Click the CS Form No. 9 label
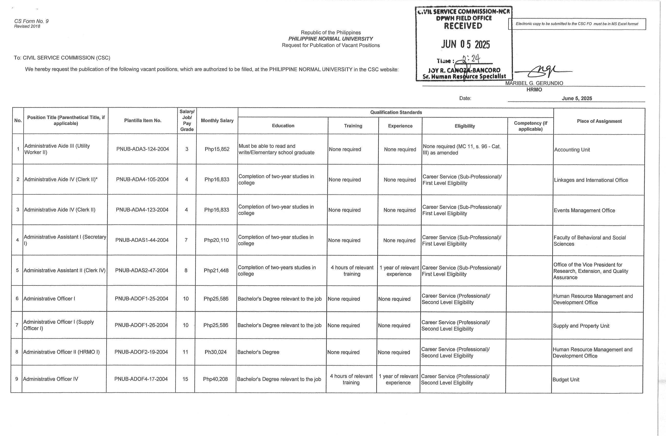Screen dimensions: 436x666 coord(31,21)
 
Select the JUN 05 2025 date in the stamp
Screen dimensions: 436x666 coord(466,44)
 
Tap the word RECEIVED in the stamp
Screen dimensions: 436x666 coord(463,26)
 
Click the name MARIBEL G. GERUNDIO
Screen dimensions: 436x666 coord(534,83)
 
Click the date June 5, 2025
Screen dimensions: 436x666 coord(577,98)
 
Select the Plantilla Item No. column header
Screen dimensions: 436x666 coord(143,121)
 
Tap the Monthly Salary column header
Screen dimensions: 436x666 coord(217,121)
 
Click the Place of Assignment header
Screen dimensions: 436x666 coord(599,121)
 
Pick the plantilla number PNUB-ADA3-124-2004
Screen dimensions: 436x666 coord(142,149)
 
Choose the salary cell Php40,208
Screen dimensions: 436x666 coord(215,379)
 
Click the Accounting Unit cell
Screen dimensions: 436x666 coord(572,150)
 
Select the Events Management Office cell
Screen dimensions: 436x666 coord(584,211)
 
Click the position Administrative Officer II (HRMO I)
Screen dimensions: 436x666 coord(61,352)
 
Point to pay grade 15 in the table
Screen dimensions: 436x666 coord(185,379)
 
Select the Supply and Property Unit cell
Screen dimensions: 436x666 coord(581,326)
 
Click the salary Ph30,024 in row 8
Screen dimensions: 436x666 coord(215,352)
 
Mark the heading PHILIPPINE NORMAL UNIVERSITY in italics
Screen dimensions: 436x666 coord(331,39)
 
